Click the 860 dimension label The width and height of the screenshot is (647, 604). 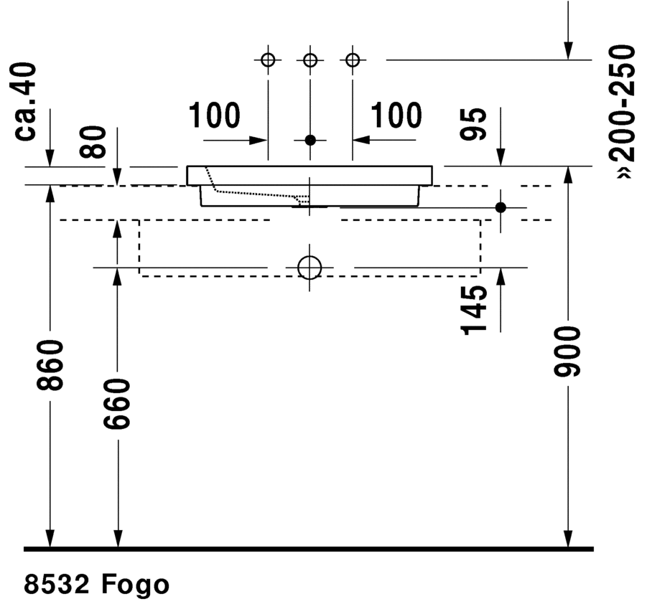tap(51, 366)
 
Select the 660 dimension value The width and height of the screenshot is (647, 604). tap(116, 404)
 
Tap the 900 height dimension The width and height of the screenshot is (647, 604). tap(569, 352)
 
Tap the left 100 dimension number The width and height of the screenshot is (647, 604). tap(214, 115)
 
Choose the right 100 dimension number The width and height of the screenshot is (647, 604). tap(396, 115)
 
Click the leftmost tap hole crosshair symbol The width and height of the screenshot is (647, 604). tap(268, 60)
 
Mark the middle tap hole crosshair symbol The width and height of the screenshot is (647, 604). tap(310, 60)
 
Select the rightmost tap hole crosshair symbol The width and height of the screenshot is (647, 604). tap(352, 60)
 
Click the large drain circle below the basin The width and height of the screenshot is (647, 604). tap(310, 268)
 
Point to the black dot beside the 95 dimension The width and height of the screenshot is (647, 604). tap(501, 207)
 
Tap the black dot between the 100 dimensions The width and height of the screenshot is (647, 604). tap(310, 139)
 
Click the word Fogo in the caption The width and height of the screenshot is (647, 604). tap(135, 585)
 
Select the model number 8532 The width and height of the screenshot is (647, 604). tap(57, 585)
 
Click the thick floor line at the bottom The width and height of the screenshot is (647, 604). tap(309, 549)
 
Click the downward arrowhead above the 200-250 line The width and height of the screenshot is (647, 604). tap(568, 49)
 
